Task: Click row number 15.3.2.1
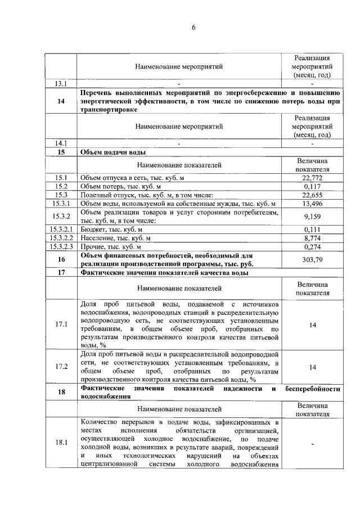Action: pos(61,229)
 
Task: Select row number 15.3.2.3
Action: pos(61,246)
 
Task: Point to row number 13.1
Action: pos(61,84)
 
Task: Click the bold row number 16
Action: pos(61,259)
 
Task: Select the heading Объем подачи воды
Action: pos(114,152)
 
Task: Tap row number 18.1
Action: pos(61,443)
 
